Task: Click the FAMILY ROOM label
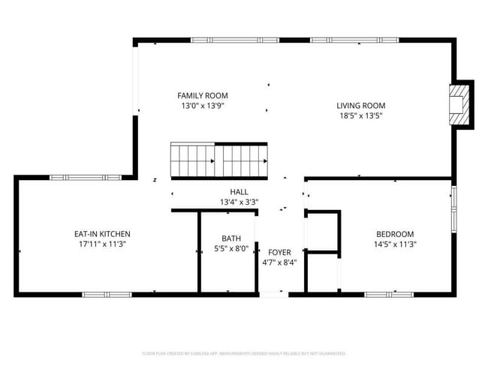(x=203, y=96)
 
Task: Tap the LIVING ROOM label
(x=360, y=106)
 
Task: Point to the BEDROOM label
(x=395, y=234)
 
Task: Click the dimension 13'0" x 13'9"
(x=203, y=106)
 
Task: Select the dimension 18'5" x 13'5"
(x=360, y=116)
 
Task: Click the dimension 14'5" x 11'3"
(x=395, y=244)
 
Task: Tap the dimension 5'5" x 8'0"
(x=231, y=249)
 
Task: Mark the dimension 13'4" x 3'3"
(x=239, y=202)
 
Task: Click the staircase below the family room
(x=219, y=160)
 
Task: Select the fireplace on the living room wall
(x=458, y=103)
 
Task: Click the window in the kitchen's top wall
(x=70, y=177)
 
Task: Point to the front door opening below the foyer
(x=274, y=294)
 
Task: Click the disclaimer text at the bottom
(x=244, y=352)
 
